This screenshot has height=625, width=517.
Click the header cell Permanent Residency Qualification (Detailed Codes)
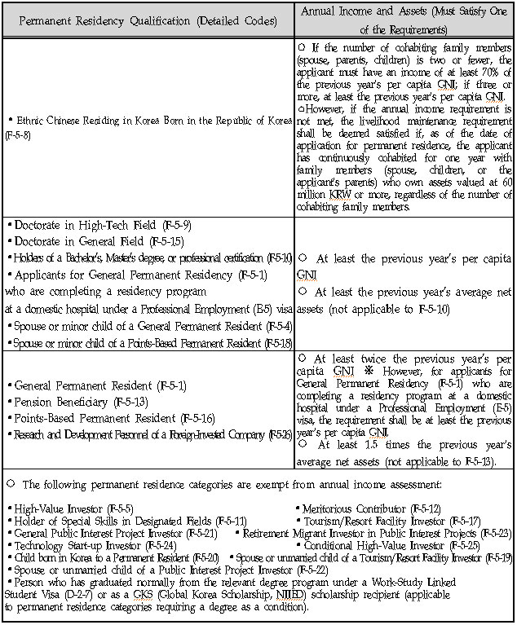[148, 19]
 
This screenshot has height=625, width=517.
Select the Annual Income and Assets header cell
[404, 19]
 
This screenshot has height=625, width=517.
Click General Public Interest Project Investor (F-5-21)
[115, 532]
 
